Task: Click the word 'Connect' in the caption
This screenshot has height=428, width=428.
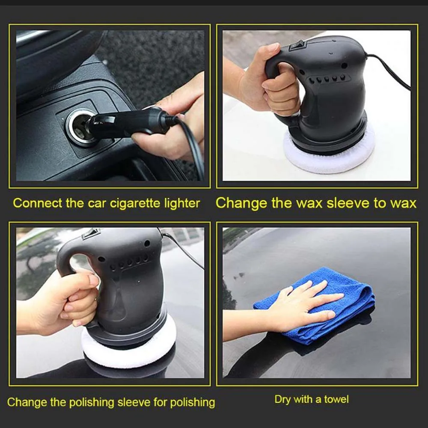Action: click(38, 203)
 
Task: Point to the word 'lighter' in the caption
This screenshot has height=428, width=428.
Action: click(182, 204)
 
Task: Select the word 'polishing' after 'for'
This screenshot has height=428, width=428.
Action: click(193, 403)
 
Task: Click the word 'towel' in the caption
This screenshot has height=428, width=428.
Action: click(336, 400)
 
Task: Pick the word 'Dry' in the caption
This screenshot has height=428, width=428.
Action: click(282, 400)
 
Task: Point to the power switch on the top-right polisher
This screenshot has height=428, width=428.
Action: click(297, 45)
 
